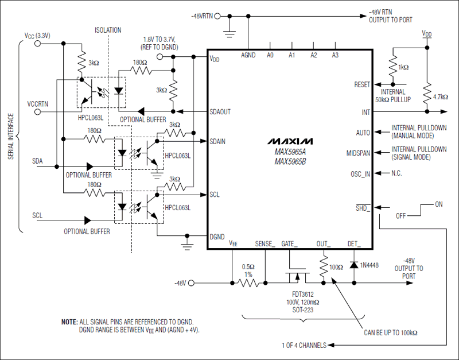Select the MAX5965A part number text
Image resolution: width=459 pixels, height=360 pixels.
(290, 152)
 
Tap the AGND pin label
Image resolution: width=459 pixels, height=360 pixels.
(248, 56)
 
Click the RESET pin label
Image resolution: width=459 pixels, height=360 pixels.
(362, 84)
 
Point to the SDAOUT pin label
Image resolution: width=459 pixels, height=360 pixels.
(220, 111)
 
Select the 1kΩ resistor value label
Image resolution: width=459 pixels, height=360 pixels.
(403, 67)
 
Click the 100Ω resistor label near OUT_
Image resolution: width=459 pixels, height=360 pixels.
(336, 267)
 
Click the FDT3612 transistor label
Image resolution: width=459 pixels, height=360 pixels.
(298, 295)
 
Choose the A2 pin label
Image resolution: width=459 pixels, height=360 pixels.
(314, 56)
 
